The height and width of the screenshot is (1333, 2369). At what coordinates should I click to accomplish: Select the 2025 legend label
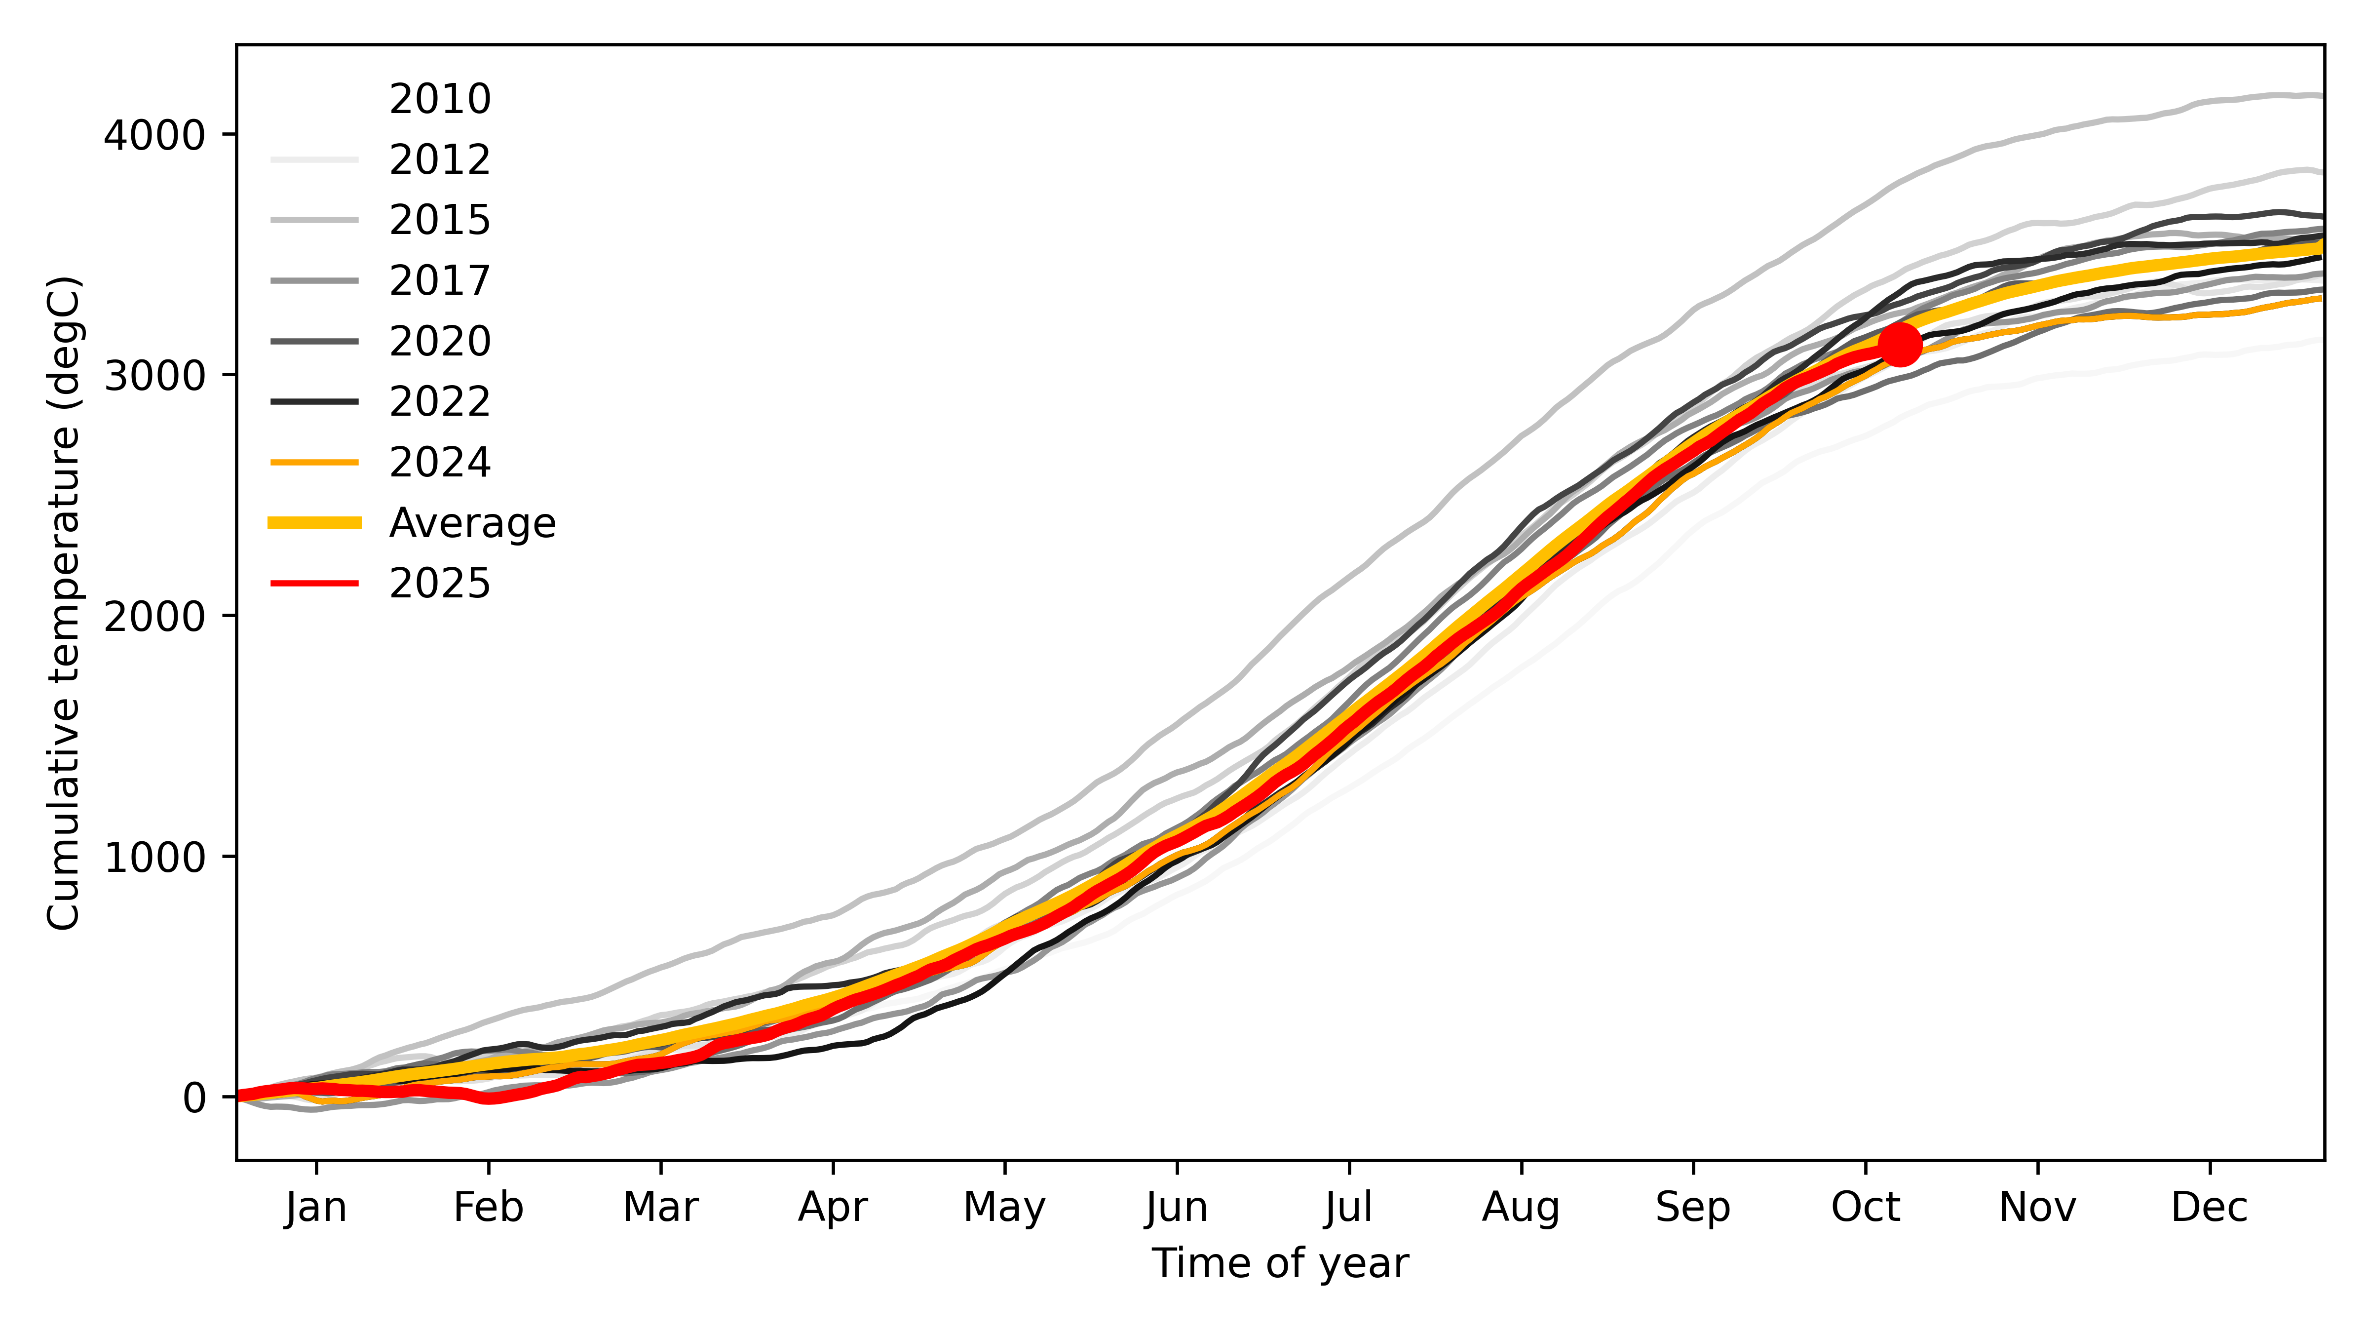click(440, 583)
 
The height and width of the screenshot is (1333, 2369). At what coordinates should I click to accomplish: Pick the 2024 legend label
click(440, 462)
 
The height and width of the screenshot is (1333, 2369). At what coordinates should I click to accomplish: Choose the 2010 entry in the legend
click(440, 98)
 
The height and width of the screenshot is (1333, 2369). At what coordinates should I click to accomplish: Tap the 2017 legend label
click(440, 280)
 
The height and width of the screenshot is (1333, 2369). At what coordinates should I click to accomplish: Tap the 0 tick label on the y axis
click(194, 1098)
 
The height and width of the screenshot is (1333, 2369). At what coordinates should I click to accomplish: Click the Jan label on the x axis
click(316, 1207)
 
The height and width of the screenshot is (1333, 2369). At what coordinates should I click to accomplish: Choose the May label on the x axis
click(1004, 1207)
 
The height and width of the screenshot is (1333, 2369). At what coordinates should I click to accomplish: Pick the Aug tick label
click(1521, 1207)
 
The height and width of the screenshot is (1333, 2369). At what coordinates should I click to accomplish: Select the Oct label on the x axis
click(1865, 1207)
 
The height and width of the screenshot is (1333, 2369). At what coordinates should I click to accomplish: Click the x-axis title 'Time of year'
click(1279, 1263)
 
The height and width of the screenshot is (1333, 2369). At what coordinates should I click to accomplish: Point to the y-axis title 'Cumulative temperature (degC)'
click(64, 602)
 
